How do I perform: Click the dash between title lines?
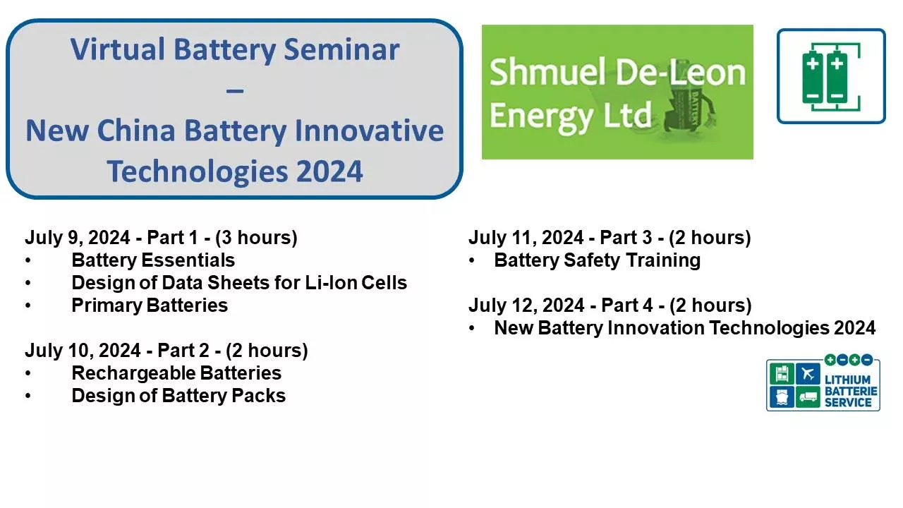click(x=235, y=90)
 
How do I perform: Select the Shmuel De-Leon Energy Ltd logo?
click(x=617, y=92)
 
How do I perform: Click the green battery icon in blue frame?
click(x=830, y=76)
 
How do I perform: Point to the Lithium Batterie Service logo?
click(x=823, y=383)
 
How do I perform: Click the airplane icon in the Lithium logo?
click(x=808, y=373)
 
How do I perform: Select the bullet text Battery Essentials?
click(x=153, y=260)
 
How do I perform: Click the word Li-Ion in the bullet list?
click(x=331, y=283)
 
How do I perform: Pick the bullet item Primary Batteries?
click(x=150, y=306)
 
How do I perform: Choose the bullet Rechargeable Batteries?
click(x=176, y=373)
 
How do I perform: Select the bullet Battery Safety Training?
click(x=597, y=260)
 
